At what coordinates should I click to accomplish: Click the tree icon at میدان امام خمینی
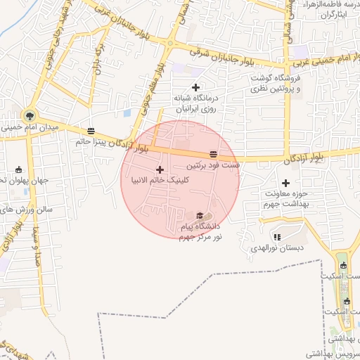(30, 115)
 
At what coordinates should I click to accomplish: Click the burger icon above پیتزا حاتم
(91, 131)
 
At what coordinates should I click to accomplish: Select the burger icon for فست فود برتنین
(213, 154)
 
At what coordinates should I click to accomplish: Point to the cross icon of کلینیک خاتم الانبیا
(160, 169)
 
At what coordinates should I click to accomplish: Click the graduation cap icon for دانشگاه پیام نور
(200, 216)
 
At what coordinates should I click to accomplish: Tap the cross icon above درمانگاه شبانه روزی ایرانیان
(195, 87)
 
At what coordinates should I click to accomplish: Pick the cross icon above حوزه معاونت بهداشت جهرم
(285, 182)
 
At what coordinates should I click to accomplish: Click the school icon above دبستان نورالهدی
(276, 237)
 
